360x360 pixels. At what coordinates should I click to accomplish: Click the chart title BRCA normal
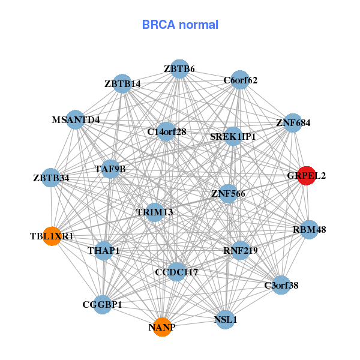coord(180,25)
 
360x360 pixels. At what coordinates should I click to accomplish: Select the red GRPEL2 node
coord(307,176)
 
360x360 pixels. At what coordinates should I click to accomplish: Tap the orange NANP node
coord(162,327)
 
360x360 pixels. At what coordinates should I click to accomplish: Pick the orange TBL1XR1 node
coord(52,236)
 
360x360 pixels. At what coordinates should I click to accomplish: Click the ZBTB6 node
coord(179,69)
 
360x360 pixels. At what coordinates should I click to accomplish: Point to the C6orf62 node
coord(240,80)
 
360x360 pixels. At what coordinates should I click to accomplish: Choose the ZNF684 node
coord(293,123)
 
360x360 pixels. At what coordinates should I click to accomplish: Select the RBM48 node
coord(309,229)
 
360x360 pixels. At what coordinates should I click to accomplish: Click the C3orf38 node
coord(281,285)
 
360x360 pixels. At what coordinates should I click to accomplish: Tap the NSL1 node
coord(226,319)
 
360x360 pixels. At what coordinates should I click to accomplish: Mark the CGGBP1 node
coord(103,305)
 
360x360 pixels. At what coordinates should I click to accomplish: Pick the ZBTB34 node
coord(52,178)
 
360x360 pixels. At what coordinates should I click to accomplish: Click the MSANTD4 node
coord(75,119)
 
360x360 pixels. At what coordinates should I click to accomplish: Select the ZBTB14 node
coord(122,83)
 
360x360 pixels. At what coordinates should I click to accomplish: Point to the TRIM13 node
coord(155,212)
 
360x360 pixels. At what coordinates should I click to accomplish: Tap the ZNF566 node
coord(227,193)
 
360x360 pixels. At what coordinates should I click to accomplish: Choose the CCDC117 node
coord(176,272)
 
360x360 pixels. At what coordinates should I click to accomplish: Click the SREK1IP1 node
coord(233,136)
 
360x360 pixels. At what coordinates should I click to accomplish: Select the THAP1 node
coord(104,250)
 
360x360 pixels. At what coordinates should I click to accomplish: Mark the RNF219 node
coord(240,250)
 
